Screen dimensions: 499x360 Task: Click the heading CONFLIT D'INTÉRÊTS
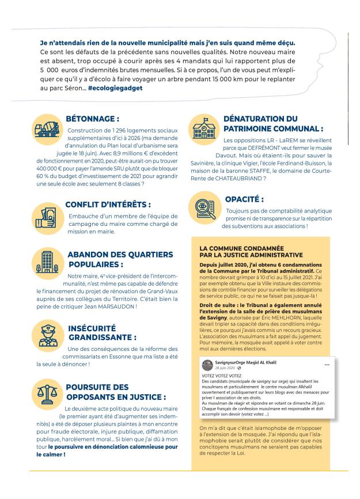point(108,203)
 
